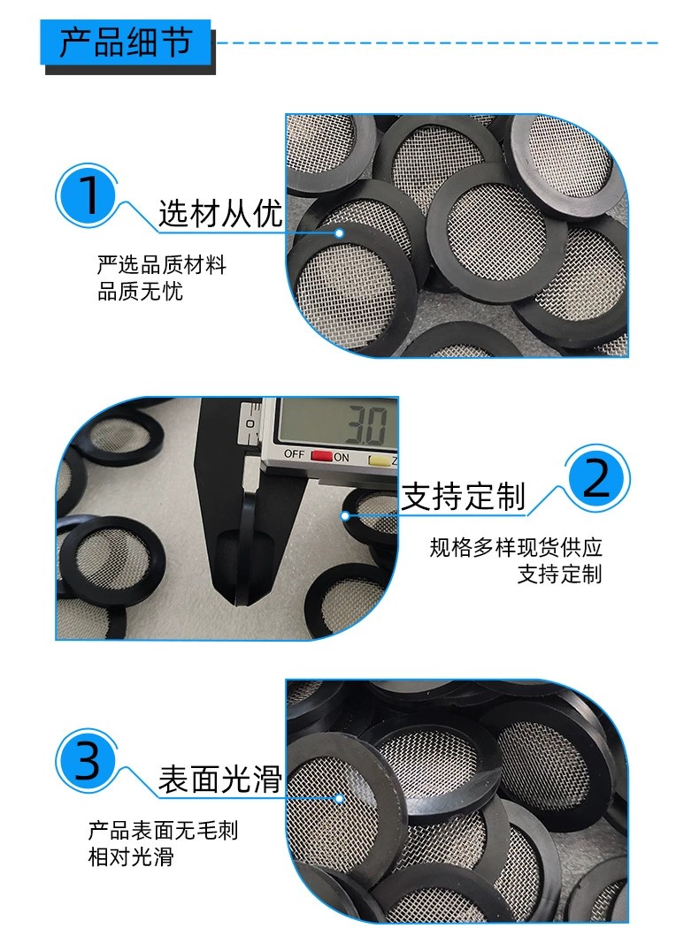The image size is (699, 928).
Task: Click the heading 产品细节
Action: (x=126, y=42)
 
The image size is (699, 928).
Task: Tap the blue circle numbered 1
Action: (x=88, y=195)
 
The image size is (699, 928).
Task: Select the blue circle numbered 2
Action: (x=596, y=477)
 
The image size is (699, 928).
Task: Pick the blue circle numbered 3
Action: (x=88, y=760)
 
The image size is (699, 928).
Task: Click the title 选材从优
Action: (x=220, y=213)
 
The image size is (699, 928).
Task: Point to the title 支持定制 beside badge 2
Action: (x=464, y=496)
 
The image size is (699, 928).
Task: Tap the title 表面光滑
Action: (x=220, y=779)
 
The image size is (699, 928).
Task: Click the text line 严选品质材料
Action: (x=162, y=264)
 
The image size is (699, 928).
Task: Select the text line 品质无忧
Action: (x=140, y=291)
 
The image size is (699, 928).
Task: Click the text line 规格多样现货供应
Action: (x=515, y=547)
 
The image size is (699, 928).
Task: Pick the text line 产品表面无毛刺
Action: (x=163, y=831)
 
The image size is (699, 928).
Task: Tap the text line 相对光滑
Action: (x=131, y=856)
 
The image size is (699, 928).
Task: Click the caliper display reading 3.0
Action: (x=366, y=424)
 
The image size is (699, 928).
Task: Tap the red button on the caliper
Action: (x=322, y=456)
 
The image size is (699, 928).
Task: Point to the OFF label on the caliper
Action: (x=295, y=454)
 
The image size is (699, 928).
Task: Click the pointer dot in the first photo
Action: (x=340, y=232)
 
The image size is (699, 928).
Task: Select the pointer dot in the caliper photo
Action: (x=345, y=515)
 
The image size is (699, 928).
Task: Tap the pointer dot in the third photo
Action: (x=340, y=798)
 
